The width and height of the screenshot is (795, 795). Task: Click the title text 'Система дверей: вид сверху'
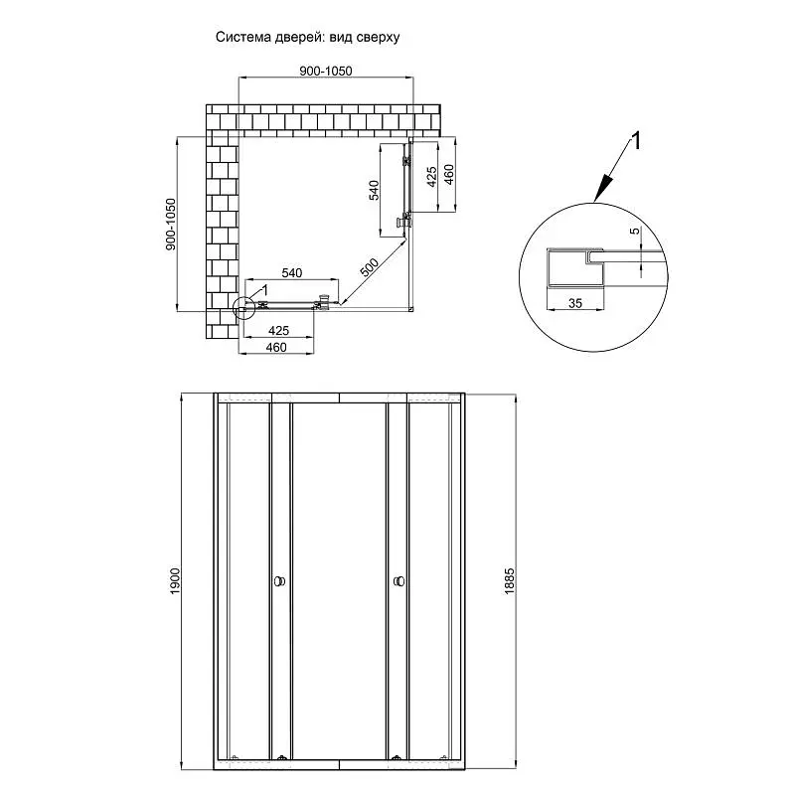click(308, 38)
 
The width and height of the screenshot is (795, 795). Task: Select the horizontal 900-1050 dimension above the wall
click(326, 71)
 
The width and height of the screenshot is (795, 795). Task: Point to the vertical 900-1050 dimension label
click(170, 225)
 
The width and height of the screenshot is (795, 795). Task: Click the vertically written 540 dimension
click(374, 190)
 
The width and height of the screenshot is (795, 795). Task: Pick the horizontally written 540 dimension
click(292, 273)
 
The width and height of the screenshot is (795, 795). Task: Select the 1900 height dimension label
click(175, 581)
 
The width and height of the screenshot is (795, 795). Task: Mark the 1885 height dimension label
click(509, 581)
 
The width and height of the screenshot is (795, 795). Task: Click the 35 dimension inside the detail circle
click(575, 303)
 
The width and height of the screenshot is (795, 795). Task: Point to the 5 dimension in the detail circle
click(635, 232)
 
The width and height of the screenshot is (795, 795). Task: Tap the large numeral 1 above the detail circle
click(635, 141)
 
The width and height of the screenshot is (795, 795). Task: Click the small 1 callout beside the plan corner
click(263, 290)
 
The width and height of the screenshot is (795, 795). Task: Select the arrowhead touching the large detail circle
click(602, 190)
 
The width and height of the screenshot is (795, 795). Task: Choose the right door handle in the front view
click(399, 581)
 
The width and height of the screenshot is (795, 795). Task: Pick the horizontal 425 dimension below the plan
click(279, 331)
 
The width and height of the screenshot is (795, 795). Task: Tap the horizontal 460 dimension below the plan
click(276, 347)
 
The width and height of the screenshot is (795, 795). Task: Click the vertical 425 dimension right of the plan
click(431, 177)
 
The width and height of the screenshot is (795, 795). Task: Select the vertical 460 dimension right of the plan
click(449, 175)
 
